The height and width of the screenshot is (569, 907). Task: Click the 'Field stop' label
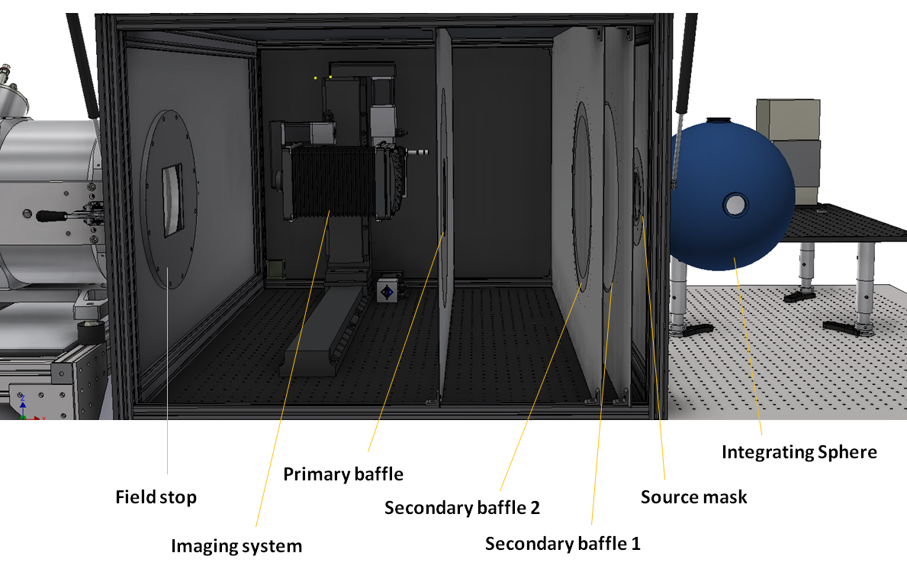[156, 497]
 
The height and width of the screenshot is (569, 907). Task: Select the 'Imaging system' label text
[236, 546]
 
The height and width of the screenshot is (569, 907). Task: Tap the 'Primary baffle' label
[343, 474]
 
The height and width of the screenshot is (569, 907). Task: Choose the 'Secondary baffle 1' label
[563, 544]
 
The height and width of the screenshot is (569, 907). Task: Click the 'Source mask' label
[693, 497]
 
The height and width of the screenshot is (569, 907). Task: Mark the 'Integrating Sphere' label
[799, 452]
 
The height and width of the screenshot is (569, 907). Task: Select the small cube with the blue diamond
[387, 292]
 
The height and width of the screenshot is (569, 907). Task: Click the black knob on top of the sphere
[716, 120]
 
